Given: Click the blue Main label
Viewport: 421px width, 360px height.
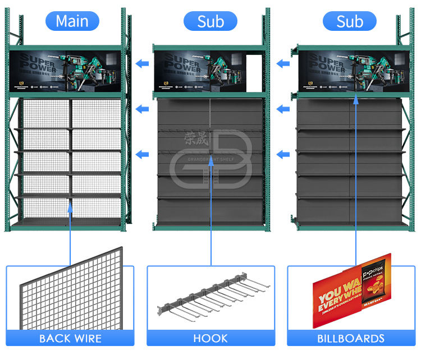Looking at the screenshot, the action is coord(72,21).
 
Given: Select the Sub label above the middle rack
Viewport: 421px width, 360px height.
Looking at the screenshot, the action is coord(210,21).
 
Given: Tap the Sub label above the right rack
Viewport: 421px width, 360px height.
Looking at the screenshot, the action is coord(350,21).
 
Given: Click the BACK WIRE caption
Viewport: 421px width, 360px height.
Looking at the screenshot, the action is coord(70,338).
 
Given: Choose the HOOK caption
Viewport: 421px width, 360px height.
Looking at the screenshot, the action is coord(210,338).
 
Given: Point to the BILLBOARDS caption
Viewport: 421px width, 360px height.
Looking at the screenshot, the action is coord(350,338).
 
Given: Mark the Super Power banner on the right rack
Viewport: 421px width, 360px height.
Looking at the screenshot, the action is coord(351,71).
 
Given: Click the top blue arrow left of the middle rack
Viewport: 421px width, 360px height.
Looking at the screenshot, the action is coord(143,63).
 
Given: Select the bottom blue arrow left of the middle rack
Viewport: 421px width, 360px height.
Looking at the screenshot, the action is coord(143,153).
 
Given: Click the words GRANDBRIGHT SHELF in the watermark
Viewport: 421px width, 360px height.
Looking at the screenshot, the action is coord(210,158).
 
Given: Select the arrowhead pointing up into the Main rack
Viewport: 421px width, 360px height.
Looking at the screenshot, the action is coord(70,208).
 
